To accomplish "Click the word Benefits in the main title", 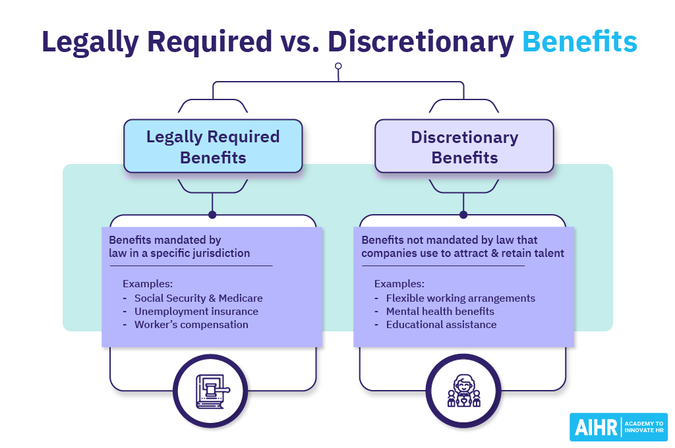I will pyautogui.click(x=579, y=41).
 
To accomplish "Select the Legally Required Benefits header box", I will pyautogui.click(x=213, y=146).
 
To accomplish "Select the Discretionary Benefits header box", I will pyautogui.click(x=464, y=146).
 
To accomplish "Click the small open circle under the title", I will pyautogui.click(x=338, y=66).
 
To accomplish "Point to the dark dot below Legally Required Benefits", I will pyautogui.click(x=212, y=214).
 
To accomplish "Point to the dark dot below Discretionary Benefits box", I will pyautogui.click(x=463, y=214).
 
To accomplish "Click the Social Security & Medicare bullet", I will pyautogui.click(x=198, y=298).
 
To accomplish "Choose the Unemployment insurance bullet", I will pyautogui.click(x=196, y=311).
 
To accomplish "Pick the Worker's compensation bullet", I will pyautogui.click(x=191, y=324).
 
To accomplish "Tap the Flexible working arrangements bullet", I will pyautogui.click(x=460, y=298).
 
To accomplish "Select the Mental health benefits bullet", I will pyautogui.click(x=440, y=311).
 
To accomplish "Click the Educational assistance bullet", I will pyautogui.click(x=441, y=324).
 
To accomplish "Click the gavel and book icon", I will pyautogui.click(x=210, y=391).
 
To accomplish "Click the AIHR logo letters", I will pyautogui.click(x=595, y=427).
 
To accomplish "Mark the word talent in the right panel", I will pyautogui.click(x=548, y=253).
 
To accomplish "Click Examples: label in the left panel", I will pyautogui.click(x=148, y=284).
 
